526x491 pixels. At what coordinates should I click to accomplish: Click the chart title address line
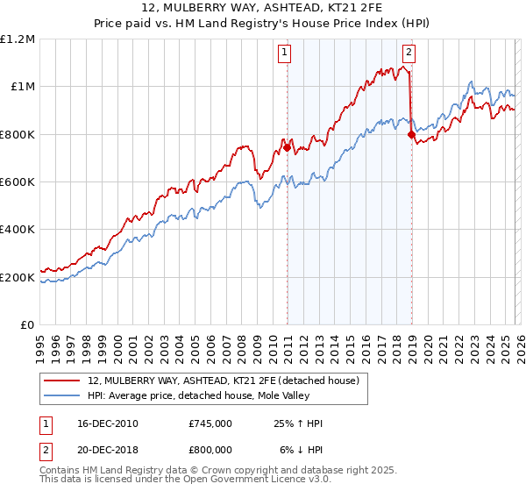click(262, 10)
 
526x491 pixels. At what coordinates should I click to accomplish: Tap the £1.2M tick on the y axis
click(18, 39)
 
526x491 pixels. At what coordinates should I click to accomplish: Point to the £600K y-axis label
click(18, 182)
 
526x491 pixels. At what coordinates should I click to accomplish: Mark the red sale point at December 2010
click(287, 148)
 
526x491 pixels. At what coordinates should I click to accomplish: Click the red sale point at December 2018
click(410, 135)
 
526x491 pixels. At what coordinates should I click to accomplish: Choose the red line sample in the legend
click(62, 381)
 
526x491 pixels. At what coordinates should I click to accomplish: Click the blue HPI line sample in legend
click(62, 395)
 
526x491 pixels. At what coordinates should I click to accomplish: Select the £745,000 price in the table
click(210, 423)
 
